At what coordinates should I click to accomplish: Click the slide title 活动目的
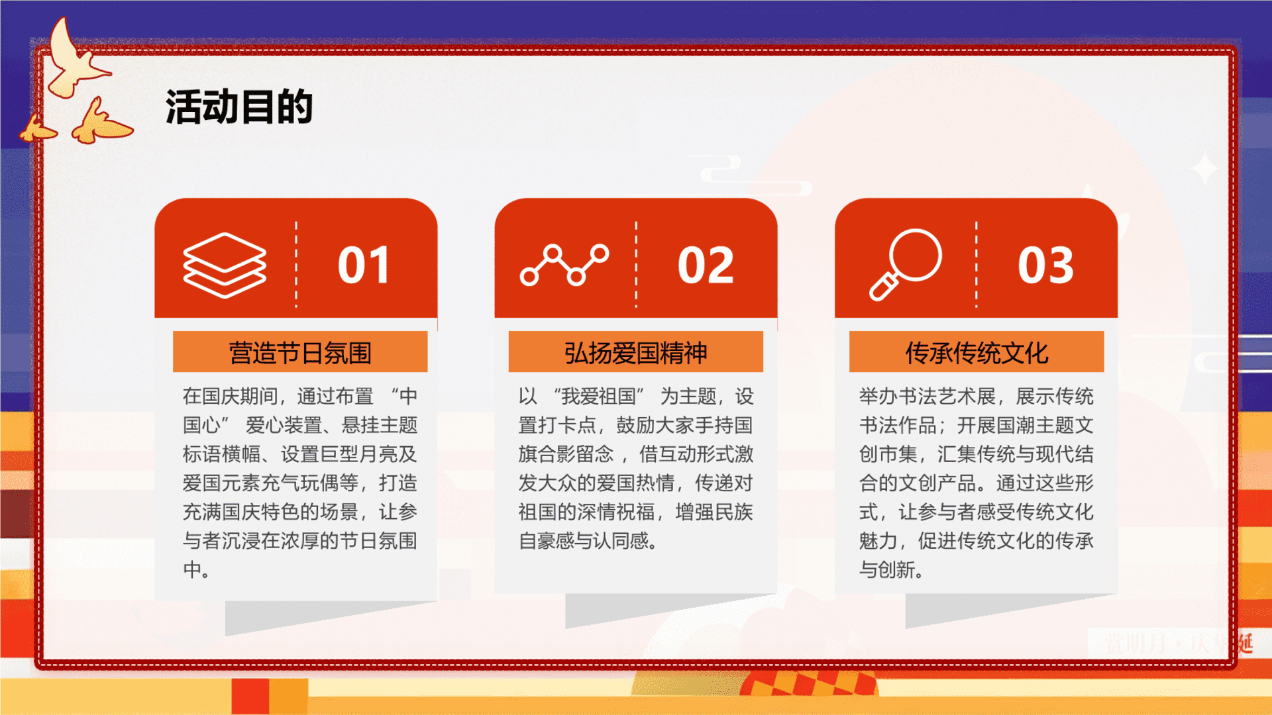tap(239, 107)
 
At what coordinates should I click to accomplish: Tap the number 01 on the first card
tap(364, 265)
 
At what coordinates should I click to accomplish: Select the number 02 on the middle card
tap(706, 265)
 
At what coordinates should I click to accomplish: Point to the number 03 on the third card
tap(1045, 265)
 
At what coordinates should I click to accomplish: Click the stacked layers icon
tap(225, 265)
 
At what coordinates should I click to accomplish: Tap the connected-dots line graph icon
tap(564, 265)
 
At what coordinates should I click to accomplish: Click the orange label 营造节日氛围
tap(300, 352)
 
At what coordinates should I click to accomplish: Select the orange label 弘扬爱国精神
tap(636, 352)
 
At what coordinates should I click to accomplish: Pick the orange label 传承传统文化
tap(977, 352)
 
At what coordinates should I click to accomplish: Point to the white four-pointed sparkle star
tap(1204, 169)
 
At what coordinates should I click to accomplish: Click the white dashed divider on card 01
tap(296, 265)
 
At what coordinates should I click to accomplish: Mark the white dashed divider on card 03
tap(977, 265)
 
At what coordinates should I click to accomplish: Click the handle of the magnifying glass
tap(884, 287)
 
